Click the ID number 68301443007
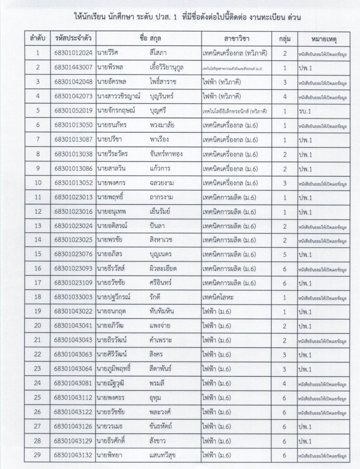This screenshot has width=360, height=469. (74, 68)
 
